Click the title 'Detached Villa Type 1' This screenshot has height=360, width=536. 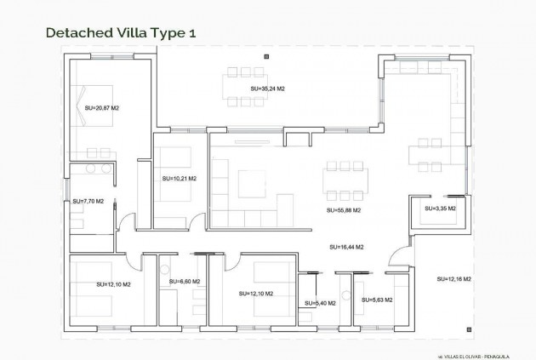pyautogui.click(x=114, y=33)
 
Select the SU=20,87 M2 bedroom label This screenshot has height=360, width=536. pyautogui.click(x=103, y=108)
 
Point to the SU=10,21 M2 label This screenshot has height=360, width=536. pyautogui.click(x=179, y=179)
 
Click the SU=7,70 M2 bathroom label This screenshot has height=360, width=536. pyautogui.click(x=88, y=202)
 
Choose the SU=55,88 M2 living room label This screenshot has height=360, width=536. pyautogui.click(x=344, y=209)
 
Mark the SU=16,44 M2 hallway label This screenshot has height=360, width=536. pyautogui.click(x=346, y=247)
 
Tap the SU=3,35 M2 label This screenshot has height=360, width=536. pyautogui.click(x=440, y=208)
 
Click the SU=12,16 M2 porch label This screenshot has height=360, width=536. pyautogui.click(x=454, y=279)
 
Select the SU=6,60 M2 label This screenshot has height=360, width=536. pyautogui.click(x=185, y=282)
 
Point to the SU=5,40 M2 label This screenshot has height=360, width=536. pyautogui.click(x=320, y=302)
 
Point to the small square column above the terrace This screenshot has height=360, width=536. pyautogui.click(x=267, y=56)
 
